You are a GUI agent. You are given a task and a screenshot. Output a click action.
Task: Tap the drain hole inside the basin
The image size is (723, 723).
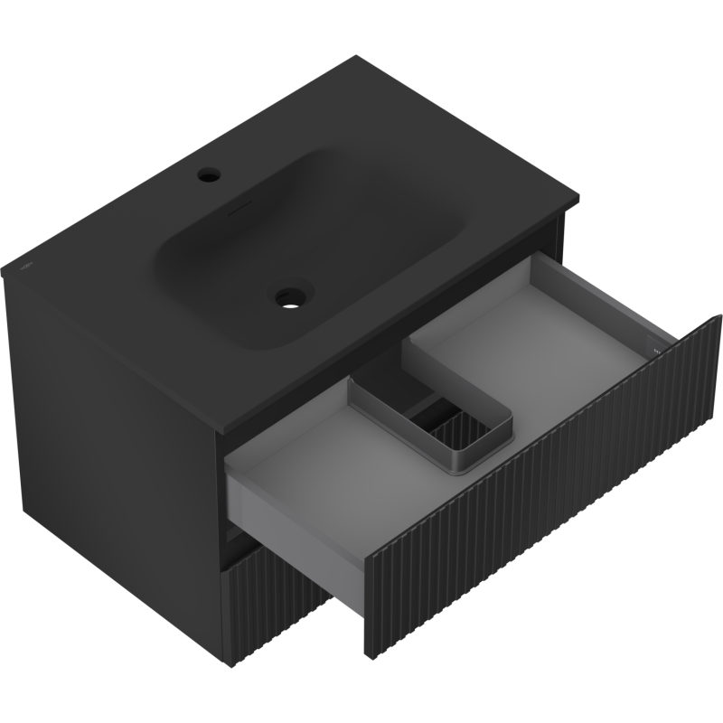pos(292,295)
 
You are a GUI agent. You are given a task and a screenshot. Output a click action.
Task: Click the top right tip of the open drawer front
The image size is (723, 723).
pos(719,315)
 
